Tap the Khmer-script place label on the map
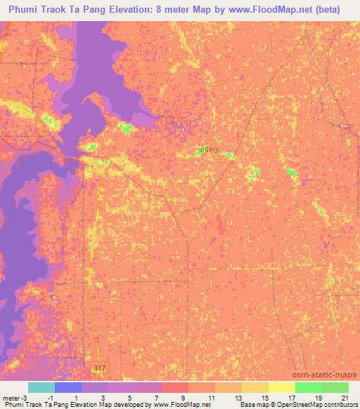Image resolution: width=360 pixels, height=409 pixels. [x=208, y=152]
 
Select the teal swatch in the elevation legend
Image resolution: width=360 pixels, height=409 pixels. [x=41, y=387]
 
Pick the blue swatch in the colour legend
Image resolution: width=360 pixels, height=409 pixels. [x=68, y=387]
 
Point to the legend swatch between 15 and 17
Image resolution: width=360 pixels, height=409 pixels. [x=281, y=387]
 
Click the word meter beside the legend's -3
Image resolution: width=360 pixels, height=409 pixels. [x=11, y=398]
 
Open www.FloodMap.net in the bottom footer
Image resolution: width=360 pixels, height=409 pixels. [x=180, y=405]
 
